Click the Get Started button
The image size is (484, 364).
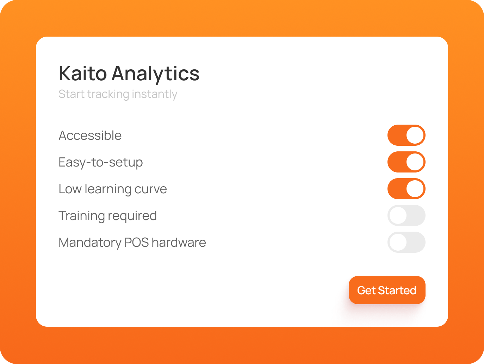tap(387, 290)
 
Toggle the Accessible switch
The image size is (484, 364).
tap(407, 135)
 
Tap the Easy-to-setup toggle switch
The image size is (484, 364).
tap(407, 162)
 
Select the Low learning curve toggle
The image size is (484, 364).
tap(407, 189)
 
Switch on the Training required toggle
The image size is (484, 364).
tap(407, 215)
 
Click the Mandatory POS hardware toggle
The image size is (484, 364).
tap(407, 242)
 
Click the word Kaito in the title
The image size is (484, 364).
tap(83, 73)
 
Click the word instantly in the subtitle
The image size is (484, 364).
tap(154, 94)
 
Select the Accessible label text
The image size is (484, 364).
tap(90, 135)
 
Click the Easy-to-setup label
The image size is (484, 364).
tap(100, 163)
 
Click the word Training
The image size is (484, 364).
tap(81, 216)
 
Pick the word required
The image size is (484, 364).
tap(132, 216)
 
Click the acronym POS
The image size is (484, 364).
tap(136, 242)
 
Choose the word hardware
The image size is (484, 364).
tap(179, 242)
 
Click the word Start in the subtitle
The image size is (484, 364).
tap(72, 94)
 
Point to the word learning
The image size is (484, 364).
tap(108, 189)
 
